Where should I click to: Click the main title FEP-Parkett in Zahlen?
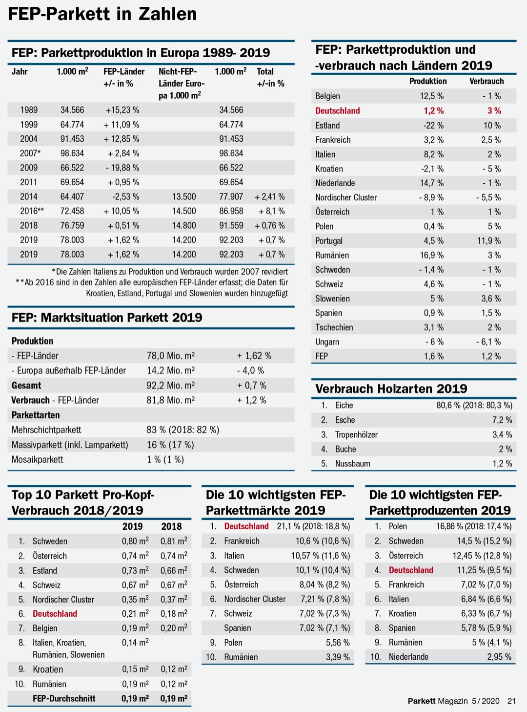coord(102,14)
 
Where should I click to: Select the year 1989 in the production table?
coord(29,110)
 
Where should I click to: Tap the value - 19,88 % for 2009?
coord(122,168)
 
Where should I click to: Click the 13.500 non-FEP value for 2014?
coord(184,196)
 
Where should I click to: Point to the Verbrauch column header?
coord(486,81)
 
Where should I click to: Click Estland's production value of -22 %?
coord(433,126)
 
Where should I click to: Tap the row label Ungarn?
coord(327,342)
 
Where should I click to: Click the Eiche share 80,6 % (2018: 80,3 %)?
coord(474,406)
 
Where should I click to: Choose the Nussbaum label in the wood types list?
coord(352,464)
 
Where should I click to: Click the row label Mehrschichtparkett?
coord(46,430)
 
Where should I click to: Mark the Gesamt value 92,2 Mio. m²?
coord(170,386)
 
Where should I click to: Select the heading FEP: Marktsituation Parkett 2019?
coord(107,318)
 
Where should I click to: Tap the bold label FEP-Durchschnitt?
coord(64,699)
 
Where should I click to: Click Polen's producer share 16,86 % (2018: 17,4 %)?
coord(473,526)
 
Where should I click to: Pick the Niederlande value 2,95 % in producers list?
coord(499,657)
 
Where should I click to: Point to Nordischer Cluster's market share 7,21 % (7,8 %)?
coord(324,599)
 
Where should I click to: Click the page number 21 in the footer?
coord(511,701)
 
